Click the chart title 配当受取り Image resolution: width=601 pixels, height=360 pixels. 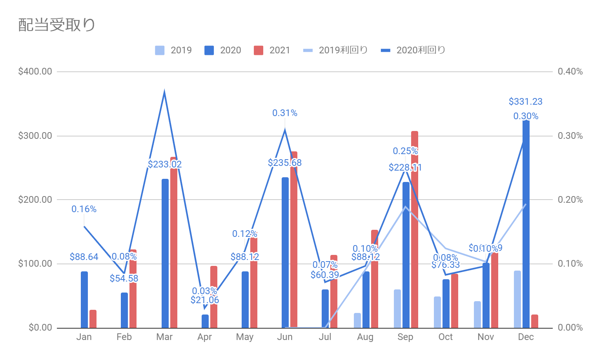point(57,25)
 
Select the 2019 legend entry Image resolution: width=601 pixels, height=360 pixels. point(173,50)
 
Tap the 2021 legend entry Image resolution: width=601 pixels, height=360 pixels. point(272,50)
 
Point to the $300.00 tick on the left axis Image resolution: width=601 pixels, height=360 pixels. point(35,136)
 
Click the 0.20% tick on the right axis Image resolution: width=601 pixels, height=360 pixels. point(570,200)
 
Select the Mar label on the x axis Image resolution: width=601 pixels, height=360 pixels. point(164,337)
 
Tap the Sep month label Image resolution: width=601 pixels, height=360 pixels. point(405,337)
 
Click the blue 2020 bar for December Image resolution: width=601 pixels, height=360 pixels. point(526,224)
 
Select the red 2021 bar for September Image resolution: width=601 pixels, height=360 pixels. point(415,229)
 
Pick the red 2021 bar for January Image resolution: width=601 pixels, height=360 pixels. point(93,319)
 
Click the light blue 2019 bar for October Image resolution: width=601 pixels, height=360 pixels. point(437,312)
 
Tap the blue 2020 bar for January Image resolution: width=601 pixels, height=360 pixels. point(84,300)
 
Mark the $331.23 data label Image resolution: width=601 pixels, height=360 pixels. point(525,102)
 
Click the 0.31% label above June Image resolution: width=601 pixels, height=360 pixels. point(285,113)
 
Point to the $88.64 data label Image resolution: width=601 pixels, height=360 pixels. point(84,257)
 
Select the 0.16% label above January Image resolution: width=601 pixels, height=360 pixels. point(84,209)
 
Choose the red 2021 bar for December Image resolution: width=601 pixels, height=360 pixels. point(535,321)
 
